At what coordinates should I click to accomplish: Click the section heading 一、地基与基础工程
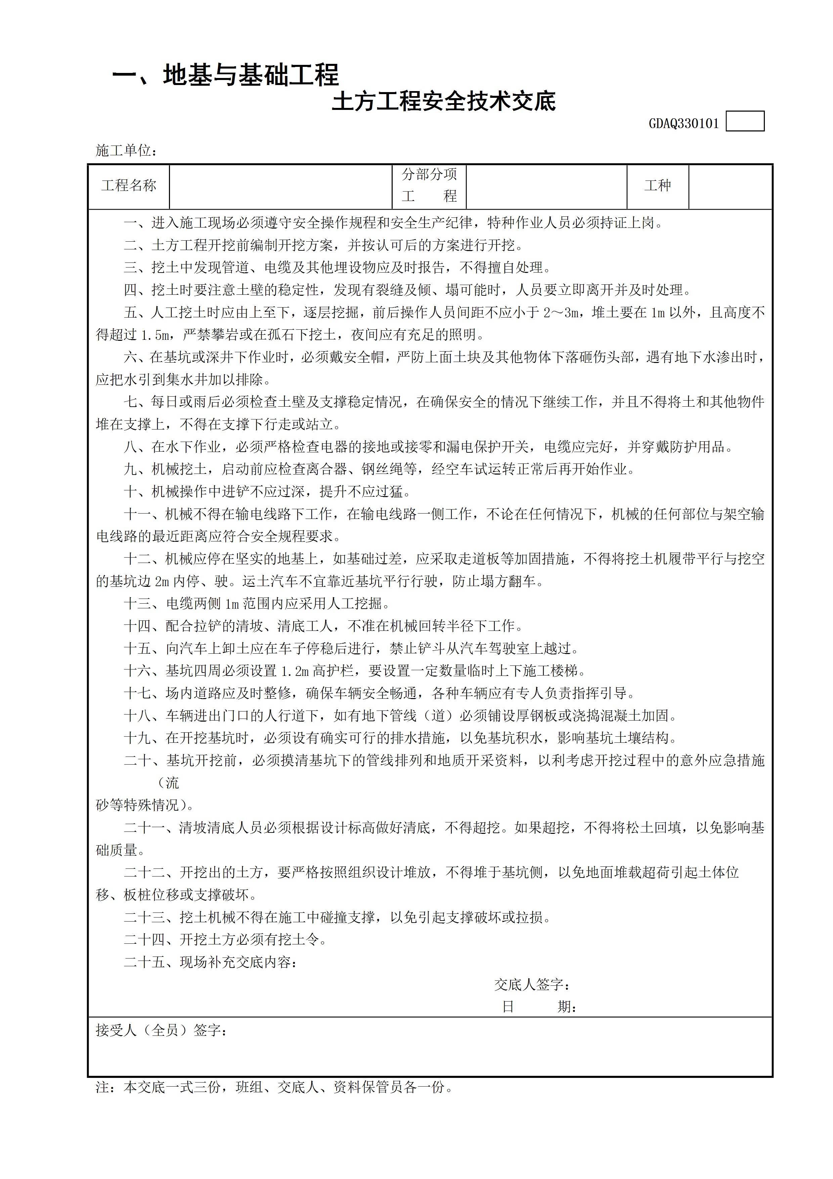(225, 76)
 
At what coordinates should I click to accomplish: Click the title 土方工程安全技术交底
(444, 102)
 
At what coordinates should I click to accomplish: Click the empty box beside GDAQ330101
(745, 122)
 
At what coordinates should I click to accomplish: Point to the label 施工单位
(126, 151)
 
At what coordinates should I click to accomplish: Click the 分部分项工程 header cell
(429, 186)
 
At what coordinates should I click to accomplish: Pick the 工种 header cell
(657, 186)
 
